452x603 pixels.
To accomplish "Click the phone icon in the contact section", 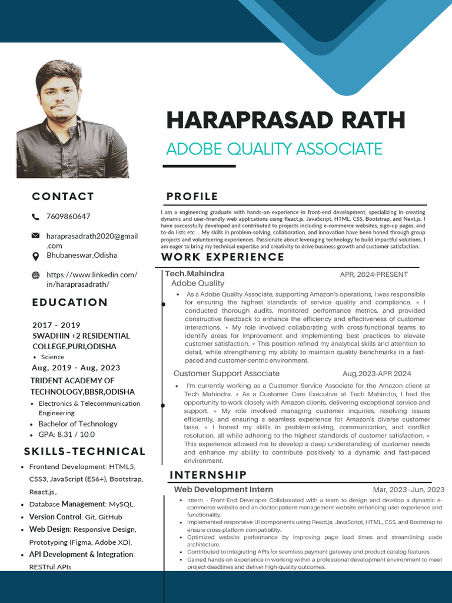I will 36,217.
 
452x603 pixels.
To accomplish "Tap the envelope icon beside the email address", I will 36,236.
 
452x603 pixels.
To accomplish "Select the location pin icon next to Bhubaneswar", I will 36,256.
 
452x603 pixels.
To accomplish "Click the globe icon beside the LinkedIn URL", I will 36,275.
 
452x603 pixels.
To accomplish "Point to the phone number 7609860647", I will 68,217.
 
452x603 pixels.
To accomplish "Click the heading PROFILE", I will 192,197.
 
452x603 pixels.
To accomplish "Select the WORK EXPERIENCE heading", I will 222,257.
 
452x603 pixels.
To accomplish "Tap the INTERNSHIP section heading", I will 208,475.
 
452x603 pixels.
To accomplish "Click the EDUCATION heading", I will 70,303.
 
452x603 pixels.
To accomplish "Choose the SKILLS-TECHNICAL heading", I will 85,452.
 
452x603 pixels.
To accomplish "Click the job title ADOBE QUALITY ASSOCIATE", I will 274,149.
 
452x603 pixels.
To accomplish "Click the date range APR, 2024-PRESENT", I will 374,274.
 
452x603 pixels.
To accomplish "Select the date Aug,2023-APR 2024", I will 377,374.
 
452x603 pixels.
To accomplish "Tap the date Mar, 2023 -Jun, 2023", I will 408,490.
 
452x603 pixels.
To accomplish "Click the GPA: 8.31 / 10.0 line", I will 67,435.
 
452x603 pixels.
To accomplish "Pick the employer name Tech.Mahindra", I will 194,274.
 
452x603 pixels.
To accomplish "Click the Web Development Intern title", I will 223,489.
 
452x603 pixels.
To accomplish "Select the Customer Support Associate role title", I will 226,374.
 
